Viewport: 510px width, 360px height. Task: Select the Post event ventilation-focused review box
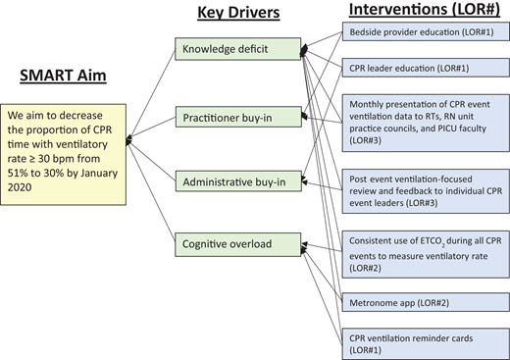pyautogui.click(x=424, y=191)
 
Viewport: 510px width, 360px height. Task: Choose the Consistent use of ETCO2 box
pyautogui.click(x=424, y=253)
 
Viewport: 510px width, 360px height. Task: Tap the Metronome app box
pyautogui.click(x=424, y=305)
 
